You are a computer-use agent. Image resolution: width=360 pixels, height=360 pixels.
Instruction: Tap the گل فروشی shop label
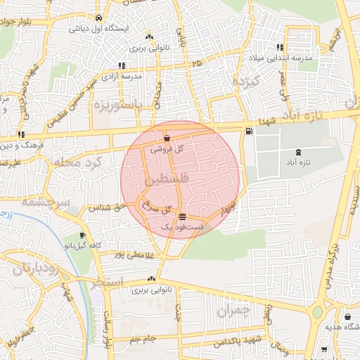tap(169, 148)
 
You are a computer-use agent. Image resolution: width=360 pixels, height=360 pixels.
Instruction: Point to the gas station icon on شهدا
tap(248, 131)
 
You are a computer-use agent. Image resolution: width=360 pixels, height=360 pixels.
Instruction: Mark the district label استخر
tap(106, 283)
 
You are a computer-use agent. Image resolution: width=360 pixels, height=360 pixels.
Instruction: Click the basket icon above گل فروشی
tap(167, 139)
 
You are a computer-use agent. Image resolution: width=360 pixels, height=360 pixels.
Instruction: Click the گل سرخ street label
tap(157, 209)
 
